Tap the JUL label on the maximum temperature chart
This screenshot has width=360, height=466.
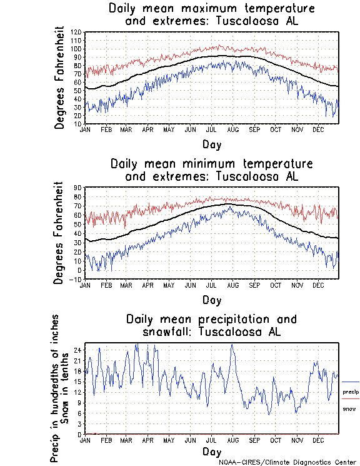(211, 129)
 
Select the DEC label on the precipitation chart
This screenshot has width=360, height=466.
(317, 440)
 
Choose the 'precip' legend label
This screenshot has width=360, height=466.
(351, 392)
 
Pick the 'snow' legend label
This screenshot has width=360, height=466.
(349, 408)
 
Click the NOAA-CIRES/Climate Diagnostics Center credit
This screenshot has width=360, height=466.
(289, 462)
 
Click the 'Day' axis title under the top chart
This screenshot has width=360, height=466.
(211, 143)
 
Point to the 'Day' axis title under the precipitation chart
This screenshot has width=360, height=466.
(211, 452)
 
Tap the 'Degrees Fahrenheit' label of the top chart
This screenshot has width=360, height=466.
(60, 77)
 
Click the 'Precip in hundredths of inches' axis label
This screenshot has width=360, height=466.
(55, 388)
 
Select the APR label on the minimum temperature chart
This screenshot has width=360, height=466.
(148, 285)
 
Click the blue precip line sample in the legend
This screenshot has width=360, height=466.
(351, 382)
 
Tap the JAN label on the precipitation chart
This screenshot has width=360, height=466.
(85, 440)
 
